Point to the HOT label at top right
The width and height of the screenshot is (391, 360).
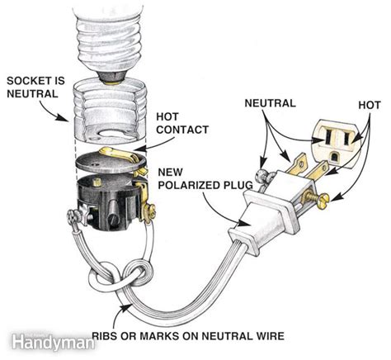[369, 105]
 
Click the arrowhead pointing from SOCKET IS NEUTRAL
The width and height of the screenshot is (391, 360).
[67, 118]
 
